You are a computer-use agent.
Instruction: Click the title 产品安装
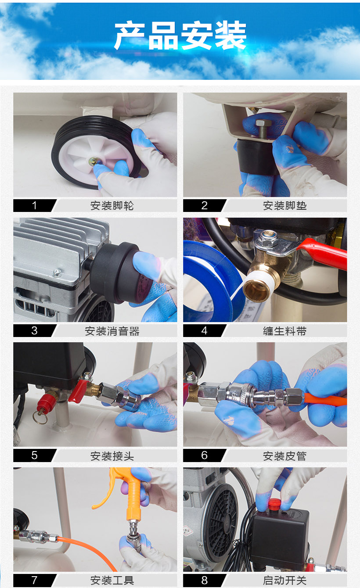(180, 36)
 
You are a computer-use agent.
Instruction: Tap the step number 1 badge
(35, 205)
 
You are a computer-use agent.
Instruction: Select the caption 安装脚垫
(284, 205)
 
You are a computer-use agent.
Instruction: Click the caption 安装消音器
(112, 331)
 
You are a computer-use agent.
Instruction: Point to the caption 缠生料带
(284, 331)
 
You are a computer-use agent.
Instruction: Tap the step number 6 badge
(204, 455)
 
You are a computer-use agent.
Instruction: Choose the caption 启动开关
(284, 580)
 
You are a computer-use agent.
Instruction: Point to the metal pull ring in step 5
(40, 417)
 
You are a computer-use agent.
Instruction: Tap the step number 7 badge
(35, 580)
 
